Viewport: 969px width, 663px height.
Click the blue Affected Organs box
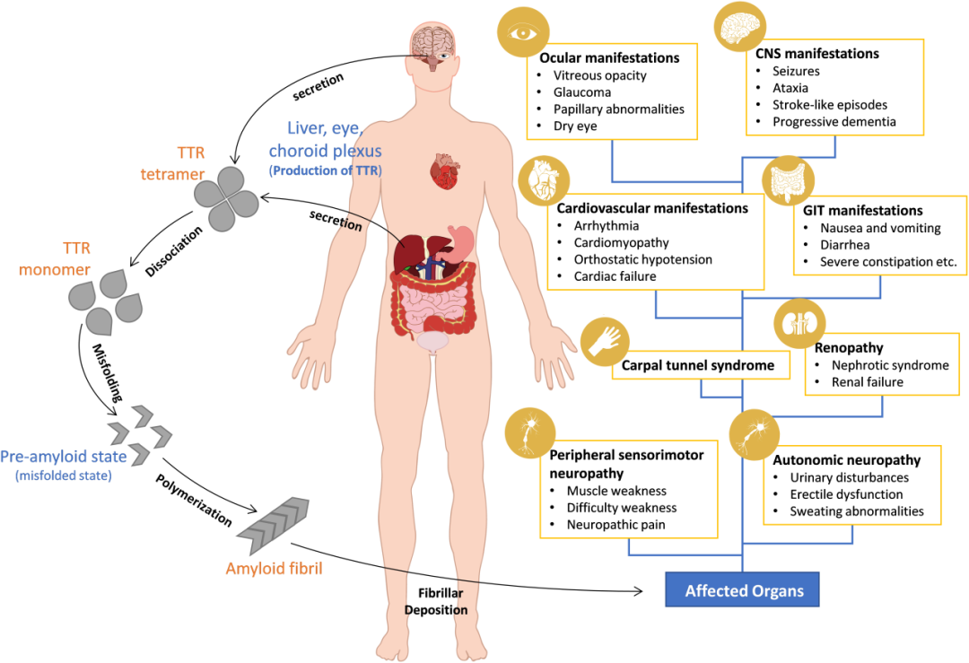point(744,591)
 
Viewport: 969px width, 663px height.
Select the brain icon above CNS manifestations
point(741,26)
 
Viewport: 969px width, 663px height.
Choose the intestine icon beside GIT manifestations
point(787,181)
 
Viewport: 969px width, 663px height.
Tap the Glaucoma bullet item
point(582,92)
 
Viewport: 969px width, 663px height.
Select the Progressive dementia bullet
point(834,121)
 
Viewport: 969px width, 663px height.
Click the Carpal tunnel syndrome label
point(699,366)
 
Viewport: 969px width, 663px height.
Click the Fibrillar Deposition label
point(442,601)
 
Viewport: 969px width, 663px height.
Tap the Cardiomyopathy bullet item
point(621,242)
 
